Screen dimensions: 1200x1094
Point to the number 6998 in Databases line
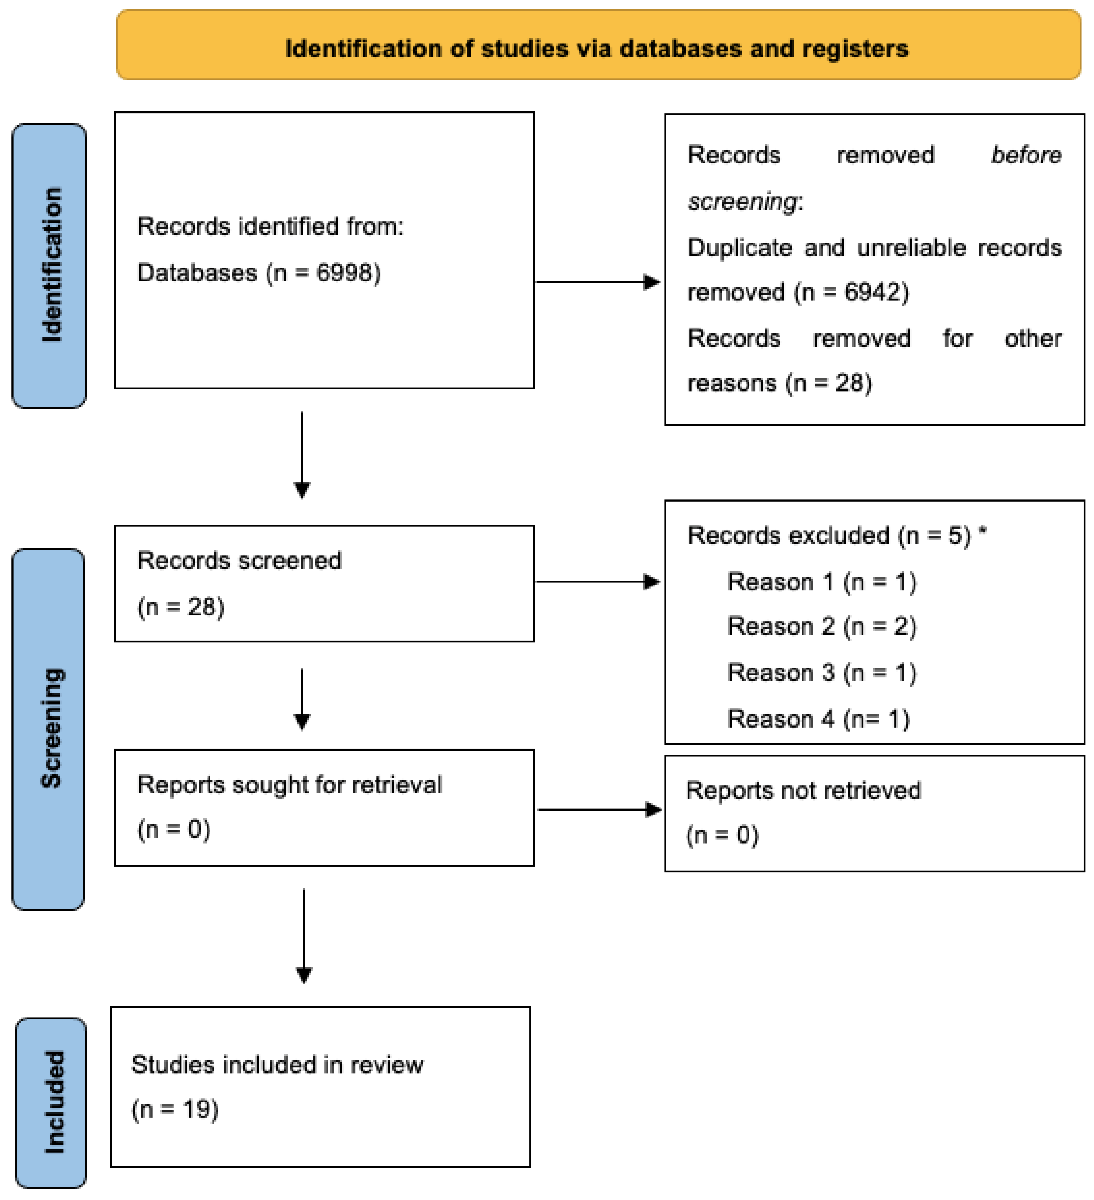339,273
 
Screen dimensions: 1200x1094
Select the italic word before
1026,155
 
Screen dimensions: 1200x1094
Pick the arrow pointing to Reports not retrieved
599,810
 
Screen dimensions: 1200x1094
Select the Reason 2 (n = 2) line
821,627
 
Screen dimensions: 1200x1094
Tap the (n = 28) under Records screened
181,607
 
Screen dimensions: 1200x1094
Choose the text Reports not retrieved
803,790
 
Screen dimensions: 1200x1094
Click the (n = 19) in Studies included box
176,1109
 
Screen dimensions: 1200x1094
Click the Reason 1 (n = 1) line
821,581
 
